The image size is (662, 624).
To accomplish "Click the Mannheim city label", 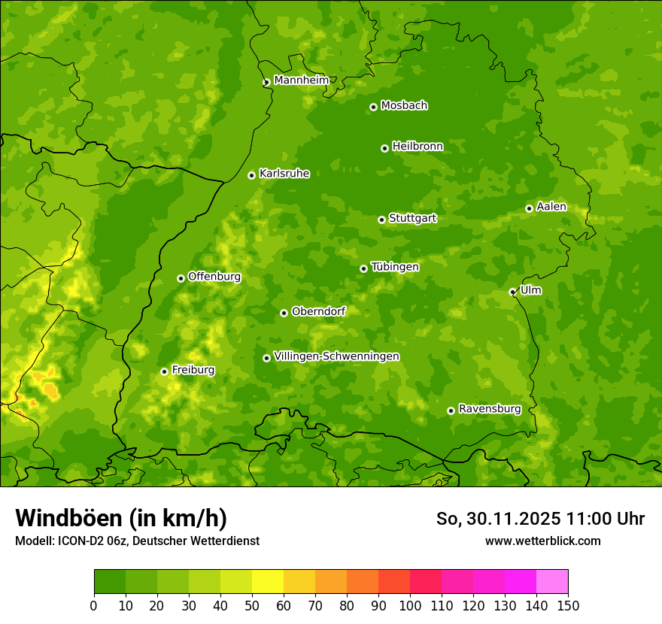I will point(301,80).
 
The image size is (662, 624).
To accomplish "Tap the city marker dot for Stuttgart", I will point(381,220).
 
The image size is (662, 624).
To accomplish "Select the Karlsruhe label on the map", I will point(284,174).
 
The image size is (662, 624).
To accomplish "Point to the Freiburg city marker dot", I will point(164,371).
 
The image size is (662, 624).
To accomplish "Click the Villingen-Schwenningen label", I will point(337,356).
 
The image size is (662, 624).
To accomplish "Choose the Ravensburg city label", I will point(490,409).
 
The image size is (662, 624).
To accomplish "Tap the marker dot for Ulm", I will point(512,292).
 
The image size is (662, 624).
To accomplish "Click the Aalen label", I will point(551,207).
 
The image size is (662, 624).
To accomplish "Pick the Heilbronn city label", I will point(418,147).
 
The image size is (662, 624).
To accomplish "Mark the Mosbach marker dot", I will point(373,107).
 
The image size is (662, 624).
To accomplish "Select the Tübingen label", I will point(395,267).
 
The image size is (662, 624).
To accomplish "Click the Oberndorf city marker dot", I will point(284,313).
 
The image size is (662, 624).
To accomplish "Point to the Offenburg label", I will point(214,277).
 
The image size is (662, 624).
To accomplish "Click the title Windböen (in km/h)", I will point(121,519).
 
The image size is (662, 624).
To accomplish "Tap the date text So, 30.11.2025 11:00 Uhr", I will point(540,519).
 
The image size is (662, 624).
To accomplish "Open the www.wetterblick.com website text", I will point(542,541).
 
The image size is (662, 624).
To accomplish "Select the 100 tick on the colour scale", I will point(410,605).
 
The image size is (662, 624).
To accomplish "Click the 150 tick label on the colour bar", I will point(568,605).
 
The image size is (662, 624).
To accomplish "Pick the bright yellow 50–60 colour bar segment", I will point(268,582).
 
